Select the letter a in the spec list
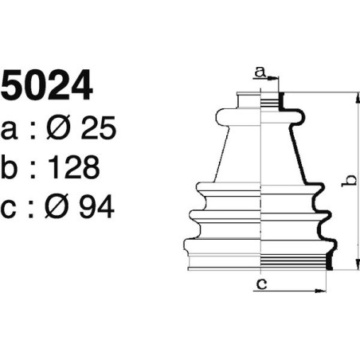click(12, 131)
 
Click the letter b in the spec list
click(12, 168)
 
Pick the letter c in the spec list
click(12, 209)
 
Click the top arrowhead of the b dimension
click(354, 96)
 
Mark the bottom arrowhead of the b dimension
click(354, 267)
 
